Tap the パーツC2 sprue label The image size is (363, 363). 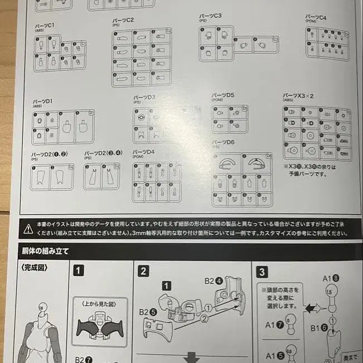click(x=123, y=20)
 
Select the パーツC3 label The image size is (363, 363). click(x=210, y=16)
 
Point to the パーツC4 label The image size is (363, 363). click(x=316, y=18)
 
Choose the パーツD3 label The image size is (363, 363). click(x=144, y=98)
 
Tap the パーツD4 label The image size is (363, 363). click(x=143, y=152)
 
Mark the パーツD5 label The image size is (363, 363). click(x=223, y=95)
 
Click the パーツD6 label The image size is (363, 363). click(x=223, y=142)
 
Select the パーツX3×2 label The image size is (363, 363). click(x=298, y=96)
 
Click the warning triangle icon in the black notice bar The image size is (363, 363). click(x=27, y=228)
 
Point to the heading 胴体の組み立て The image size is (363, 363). click(x=45, y=251)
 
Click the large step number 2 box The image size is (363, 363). click(x=144, y=271)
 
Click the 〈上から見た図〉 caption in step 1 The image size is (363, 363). click(x=100, y=303)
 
